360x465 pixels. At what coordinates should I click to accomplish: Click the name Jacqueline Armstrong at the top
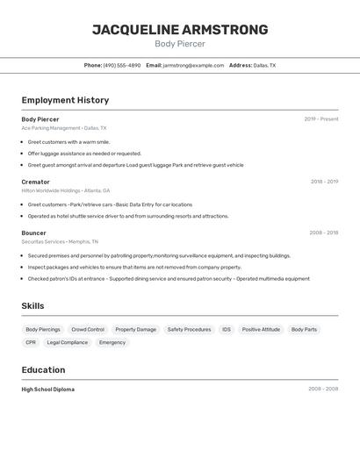pyautogui.click(x=180, y=30)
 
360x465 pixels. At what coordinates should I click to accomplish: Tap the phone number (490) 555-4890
pyautogui.click(x=121, y=65)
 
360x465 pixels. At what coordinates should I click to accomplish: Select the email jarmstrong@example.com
pyautogui.click(x=193, y=65)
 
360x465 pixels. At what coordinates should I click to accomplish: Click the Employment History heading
pyautogui.click(x=65, y=100)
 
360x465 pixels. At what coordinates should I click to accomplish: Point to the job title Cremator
pyautogui.click(x=35, y=182)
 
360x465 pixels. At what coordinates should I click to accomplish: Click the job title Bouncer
pyautogui.click(x=33, y=232)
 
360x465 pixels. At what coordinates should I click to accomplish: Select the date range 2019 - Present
pyautogui.click(x=320, y=119)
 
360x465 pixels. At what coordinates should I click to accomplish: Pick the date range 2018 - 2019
pyautogui.click(x=324, y=182)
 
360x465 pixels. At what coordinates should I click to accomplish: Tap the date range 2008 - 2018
pyautogui.click(x=323, y=232)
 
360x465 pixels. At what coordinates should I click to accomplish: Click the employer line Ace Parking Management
pyautogui.click(x=63, y=128)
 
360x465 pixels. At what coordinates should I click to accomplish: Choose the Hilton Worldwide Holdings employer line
pyautogui.click(x=65, y=190)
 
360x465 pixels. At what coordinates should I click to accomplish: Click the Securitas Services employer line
pyautogui.click(x=60, y=241)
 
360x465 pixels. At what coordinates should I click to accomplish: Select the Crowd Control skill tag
pyautogui.click(x=88, y=330)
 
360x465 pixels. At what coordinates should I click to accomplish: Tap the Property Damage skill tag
pyautogui.click(x=135, y=330)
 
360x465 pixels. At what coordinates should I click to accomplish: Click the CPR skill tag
pyautogui.click(x=31, y=342)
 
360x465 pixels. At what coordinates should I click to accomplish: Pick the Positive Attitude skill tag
pyautogui.click(x=261, y=330)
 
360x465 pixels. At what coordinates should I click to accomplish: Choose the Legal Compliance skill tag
pyautogui.click(x=68, y=342)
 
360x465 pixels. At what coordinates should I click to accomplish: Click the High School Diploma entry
pyautogui.click(x=47, y=389)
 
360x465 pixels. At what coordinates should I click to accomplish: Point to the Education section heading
pyautogui.click(x=43, y=369)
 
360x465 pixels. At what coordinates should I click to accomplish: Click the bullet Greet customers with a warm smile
pyautogui.click(x=68, y=141)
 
